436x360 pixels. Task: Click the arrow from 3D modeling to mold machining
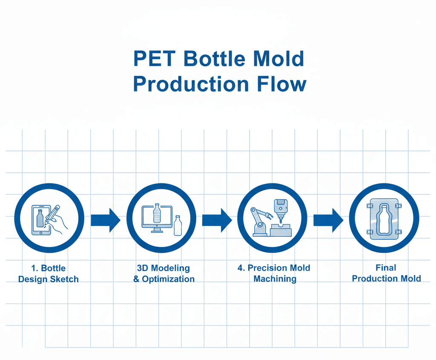[x=217, y=220]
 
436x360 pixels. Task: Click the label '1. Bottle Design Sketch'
[x=49, y=274]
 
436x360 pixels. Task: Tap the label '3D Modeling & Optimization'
[x=164, y=274]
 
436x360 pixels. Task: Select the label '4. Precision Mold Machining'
[x=274, y=273]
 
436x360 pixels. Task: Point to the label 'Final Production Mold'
[x=386, y=273]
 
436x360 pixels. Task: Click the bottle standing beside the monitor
[x=178, y=225]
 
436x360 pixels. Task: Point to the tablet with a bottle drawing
[x=41, y=220]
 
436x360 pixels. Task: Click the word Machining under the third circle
[x=275, y=279]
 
